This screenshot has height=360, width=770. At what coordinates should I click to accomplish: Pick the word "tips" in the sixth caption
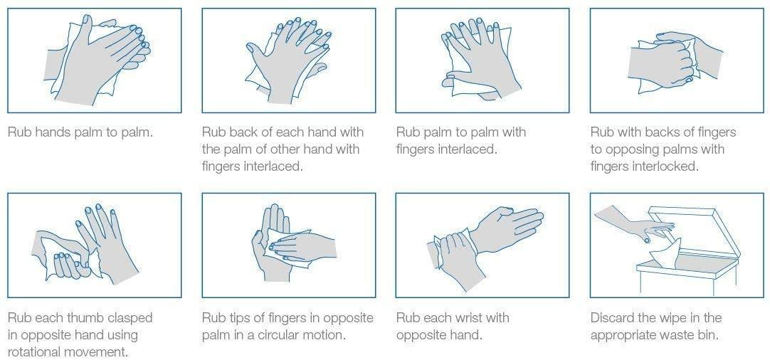(237, 317)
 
